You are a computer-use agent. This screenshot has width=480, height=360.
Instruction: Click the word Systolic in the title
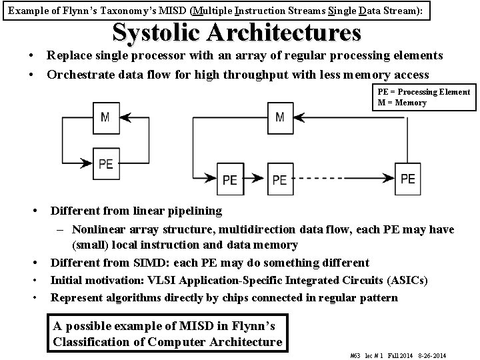[159, 32]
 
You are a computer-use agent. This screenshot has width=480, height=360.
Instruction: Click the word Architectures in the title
[285, 32]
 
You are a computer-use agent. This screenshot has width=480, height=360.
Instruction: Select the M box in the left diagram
[105, 117]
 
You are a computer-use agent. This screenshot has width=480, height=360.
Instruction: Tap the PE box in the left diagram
[105, 163]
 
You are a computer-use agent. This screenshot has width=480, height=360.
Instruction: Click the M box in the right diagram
[279, 117]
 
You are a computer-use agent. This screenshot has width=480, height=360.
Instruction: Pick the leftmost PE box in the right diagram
[230, 179]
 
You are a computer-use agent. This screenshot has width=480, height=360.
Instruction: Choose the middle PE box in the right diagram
[279, 179]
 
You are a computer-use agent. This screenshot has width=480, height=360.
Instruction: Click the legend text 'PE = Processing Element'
[424, 92]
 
